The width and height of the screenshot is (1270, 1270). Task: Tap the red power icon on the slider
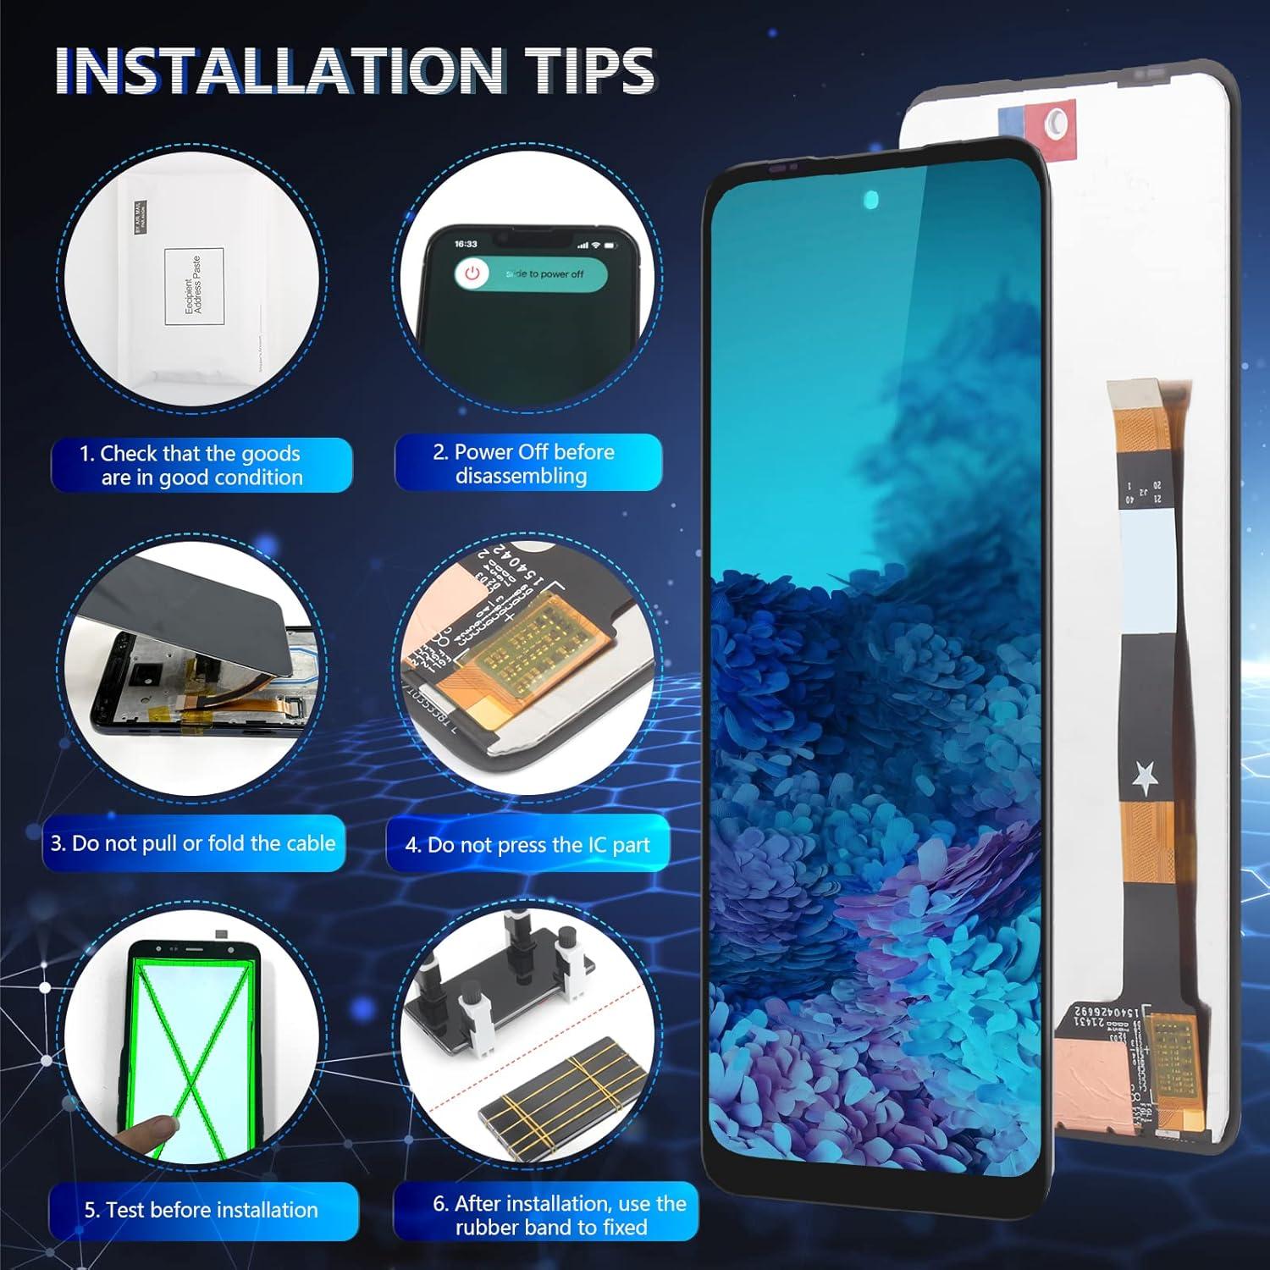(x=472, y=273)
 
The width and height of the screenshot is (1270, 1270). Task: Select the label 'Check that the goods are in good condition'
(x=202, y=465)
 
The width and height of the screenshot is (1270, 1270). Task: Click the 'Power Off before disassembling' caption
(x=528, y=463)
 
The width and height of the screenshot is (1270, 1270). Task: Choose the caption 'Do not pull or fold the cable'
(x=194, y=843)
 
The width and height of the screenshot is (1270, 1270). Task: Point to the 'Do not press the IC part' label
(x=527, y=844)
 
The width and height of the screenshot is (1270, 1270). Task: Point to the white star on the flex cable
(x=1146, y=776)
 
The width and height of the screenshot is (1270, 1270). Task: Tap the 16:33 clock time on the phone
(x=466, y=244)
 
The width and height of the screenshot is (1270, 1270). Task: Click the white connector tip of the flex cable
(x=1135, y=398)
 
